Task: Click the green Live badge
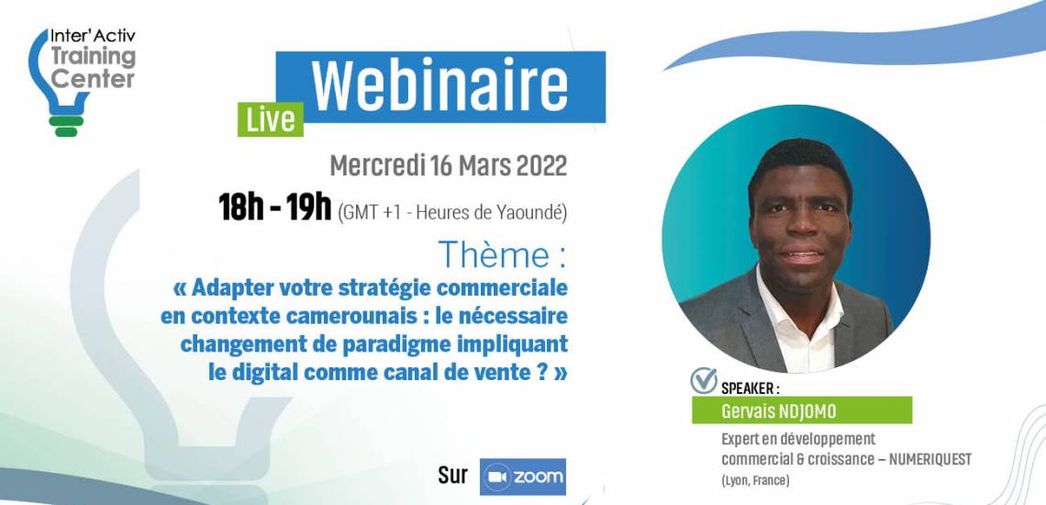pyautogui.click(x=270, y=119)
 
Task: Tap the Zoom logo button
pyautogui.click(x=522, y=477)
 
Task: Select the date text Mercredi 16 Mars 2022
pyautogui.click(x=449, y=165)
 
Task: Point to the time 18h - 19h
pyautogui.click(x=275, y=208)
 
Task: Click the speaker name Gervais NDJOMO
pyautogui.click(x=778, y=411)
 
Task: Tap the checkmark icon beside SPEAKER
pyautogui.click(x=704, y=380)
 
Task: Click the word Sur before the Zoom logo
pyautogui.click(x=453, y=475)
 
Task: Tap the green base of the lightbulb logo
pyautogui.click(x=66, y=126)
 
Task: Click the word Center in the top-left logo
pyautogui.click(x=94, y=80)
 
